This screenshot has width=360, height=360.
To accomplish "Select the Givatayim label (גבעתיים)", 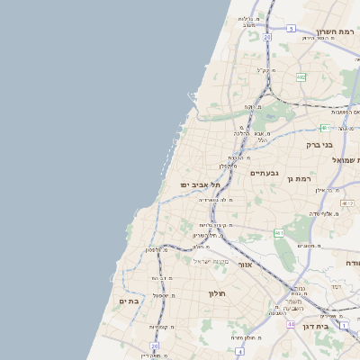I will click(265, 173).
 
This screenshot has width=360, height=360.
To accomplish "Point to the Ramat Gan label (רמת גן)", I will click(297, 179).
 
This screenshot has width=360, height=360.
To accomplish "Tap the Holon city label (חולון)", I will click(217, 293).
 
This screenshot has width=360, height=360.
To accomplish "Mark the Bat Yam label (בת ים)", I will click(130, 301).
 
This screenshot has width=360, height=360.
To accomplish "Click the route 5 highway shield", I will click(291, 29).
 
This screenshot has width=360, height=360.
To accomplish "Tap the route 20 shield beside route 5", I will click(267, 37).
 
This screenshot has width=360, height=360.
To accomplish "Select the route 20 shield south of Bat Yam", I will click(155, 346).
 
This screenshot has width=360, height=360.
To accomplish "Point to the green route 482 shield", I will click(301, 78).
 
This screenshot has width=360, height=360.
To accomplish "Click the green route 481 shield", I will click(322, 129).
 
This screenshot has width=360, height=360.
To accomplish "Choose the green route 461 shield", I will click(279, 233).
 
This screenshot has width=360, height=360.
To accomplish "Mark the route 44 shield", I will click(291, 323).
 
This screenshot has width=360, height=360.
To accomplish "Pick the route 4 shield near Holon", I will click(240, 351).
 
